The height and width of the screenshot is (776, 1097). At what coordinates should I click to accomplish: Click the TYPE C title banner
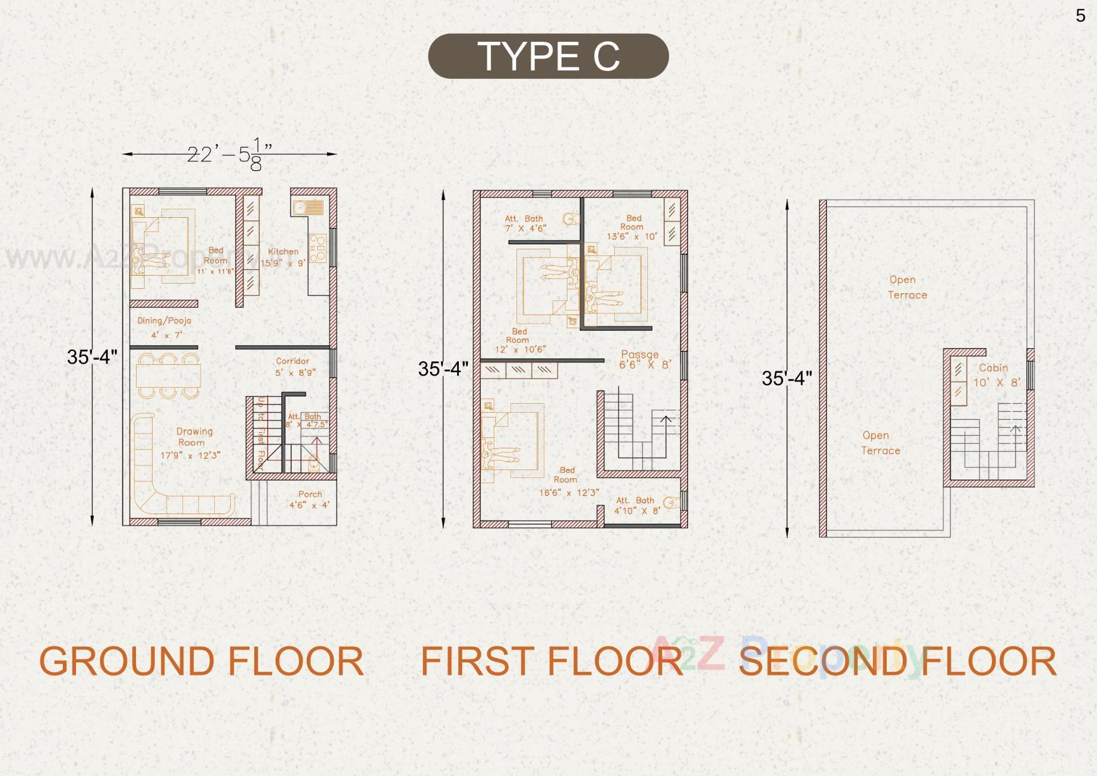click(x=548, y=56)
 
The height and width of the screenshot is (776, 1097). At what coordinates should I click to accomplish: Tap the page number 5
click(x=1080, y=15)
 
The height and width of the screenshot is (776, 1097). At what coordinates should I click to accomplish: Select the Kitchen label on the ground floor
click(x=283, y=252)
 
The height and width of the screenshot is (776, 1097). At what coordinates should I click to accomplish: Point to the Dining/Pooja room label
click(x=164, y=321)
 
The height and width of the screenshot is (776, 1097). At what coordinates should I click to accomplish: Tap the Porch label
click(x=310, y=494)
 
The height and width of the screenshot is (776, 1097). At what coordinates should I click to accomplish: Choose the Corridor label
click(x=292, y=361)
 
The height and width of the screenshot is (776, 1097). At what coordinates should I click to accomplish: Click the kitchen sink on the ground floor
click(x=308, y=207)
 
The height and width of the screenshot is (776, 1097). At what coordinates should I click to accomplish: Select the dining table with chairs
click(x=168, y=376)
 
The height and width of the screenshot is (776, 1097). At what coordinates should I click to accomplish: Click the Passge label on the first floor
click(x=639, y=355)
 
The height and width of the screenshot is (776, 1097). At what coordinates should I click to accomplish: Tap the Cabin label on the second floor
click(x=993, y=368)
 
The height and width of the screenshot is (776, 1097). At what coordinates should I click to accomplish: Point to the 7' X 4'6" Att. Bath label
click(x=525, y=228)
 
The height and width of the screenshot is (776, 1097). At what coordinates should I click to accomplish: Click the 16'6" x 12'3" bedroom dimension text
click(x=569, y=492)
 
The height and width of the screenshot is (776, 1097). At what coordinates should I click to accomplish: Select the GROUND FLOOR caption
click(x=201, y=661)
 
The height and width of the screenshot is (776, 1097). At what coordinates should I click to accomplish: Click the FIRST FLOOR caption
click(x=552, y=661)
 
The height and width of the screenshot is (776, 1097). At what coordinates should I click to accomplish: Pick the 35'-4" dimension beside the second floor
click(x=786, y=378)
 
